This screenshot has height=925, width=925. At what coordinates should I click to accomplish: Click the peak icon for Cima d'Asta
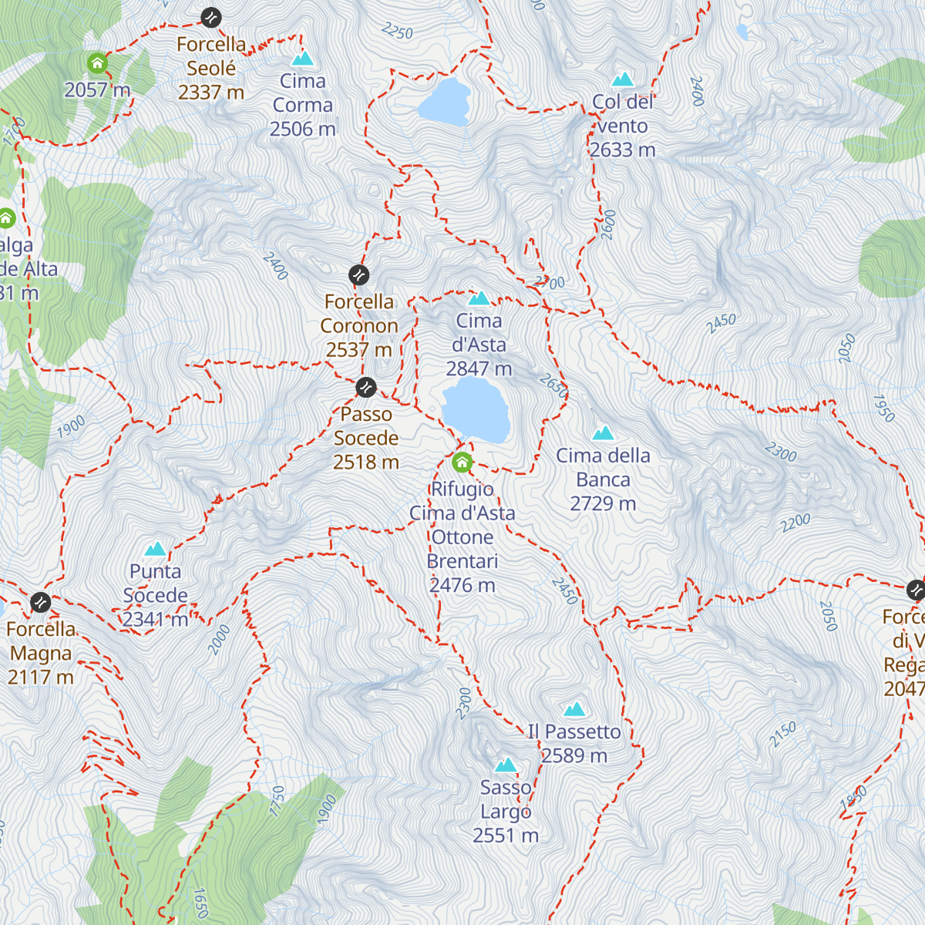click(x=479, y=298)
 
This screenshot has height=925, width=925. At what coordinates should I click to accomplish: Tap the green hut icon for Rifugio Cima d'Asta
click(x=462, y=462)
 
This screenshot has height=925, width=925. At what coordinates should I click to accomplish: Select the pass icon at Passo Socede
click(x=366, y=387)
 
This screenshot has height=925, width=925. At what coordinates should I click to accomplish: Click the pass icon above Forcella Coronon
click(x=358, y=274)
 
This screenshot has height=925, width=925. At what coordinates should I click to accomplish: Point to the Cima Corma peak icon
click(x=302, y=59)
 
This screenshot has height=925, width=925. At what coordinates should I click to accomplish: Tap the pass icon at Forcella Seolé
click(x=210, y=17)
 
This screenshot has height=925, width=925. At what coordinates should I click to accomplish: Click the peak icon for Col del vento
click(x=622, y=79)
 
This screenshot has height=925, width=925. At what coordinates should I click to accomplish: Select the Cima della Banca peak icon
click(x=603, y=432)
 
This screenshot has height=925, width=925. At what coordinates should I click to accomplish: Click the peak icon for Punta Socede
click(x=155, y=549)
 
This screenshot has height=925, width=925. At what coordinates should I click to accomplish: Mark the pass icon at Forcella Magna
click(x=40, y=602)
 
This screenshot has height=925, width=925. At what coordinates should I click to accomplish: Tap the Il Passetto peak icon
click(x=573, y=709)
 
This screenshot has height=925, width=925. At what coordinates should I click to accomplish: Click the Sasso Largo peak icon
click(x=505, y=765)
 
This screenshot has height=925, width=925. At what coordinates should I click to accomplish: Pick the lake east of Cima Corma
click(x=445, y=103)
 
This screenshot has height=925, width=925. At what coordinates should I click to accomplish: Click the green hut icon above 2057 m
click(x=97, y=62)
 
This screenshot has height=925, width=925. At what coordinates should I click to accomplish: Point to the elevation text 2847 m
click(x=479, y=369)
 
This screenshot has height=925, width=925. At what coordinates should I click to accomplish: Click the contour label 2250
click(x=397, y=31)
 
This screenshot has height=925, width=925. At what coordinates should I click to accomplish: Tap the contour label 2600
click(x=609, y=224)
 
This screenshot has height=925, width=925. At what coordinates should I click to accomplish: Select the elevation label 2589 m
click(x=574, y=756)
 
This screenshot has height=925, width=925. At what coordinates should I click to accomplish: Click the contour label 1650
click(x=200, y=903)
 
